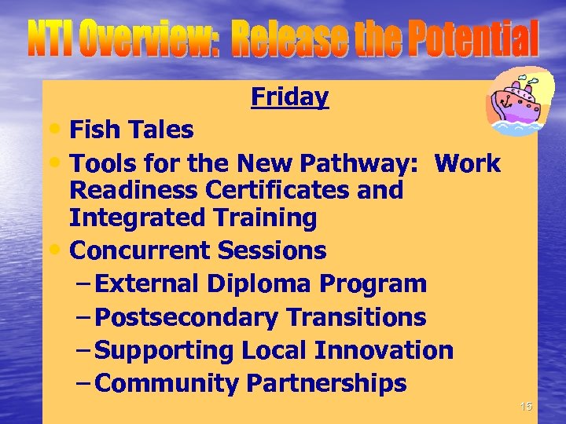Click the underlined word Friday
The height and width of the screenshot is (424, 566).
289,97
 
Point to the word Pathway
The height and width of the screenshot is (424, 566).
366,163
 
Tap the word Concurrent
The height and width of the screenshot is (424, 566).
142,251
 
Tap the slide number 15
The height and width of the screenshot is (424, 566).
526,406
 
